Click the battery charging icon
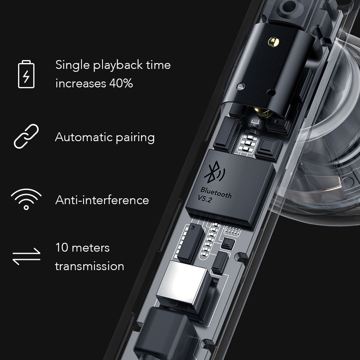pyautogui.click(x=26, y=74)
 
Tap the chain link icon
pyautogui.click(x=26, y=137)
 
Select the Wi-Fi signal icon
pyautogui.click(x=26, y=199)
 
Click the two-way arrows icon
pyautogui.click(x=26, y=256)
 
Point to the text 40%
pyautogui.click(x=121, y=83)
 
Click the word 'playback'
pyautogui.click(x=118, y=66)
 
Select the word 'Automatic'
pyautogui.click(x=83, y=137)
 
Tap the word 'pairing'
pyautogui.click(x=135, y=138)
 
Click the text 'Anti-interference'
pyautogui.click(x=102, y=200)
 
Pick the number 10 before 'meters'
pyautogui.click(x=62, y=248)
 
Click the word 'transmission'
pyautogui.click(x=89, y=266)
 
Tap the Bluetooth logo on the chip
pyautogui.click(x=214, y=172)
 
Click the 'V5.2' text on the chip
pyautogui.click(x=205, y=199)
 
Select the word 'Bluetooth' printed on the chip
pyautogui.click(x=216, y=192)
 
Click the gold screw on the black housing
pyautogui.click(x=273, y=42)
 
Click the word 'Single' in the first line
pyautogui.click(x=73, y=65)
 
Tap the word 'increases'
pyautogui.click(x=81, y=83)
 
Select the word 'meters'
pyautogui.click(x=91, y=248)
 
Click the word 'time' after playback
pyautogui.click(x=158, y=65)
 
